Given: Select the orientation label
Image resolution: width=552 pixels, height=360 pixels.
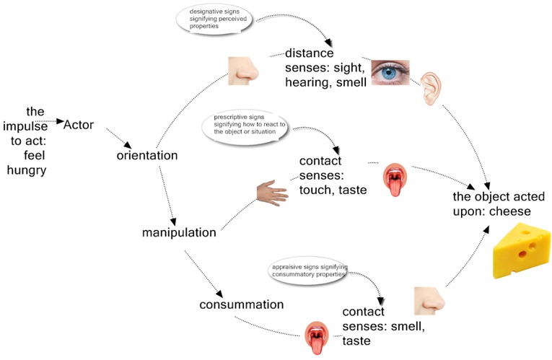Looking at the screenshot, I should (x=147, y=155).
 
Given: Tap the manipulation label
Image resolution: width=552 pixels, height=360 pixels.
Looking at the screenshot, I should (x=179, y=232).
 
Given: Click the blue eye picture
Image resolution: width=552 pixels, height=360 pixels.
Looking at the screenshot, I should (x=390, y=71).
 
